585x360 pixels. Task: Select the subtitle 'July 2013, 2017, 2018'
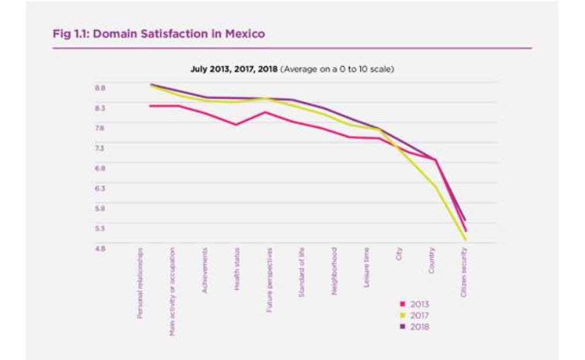[234, 69]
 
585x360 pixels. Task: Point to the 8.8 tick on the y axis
[100, 88]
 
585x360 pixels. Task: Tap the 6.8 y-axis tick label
[100, 168]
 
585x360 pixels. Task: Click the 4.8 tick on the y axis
[100, 249]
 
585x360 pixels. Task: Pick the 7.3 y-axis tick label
[100, 148]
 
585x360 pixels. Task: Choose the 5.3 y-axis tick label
[100, 228]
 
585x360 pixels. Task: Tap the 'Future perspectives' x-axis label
[270, 280]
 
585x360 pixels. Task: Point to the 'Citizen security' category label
[464, 272]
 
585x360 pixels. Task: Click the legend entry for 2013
[415, 304]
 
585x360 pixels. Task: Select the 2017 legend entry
[415, 315]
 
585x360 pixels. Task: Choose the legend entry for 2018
[415, 326]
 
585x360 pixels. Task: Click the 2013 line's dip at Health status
[236, 124]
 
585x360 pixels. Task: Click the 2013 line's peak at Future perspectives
[265, 112]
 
